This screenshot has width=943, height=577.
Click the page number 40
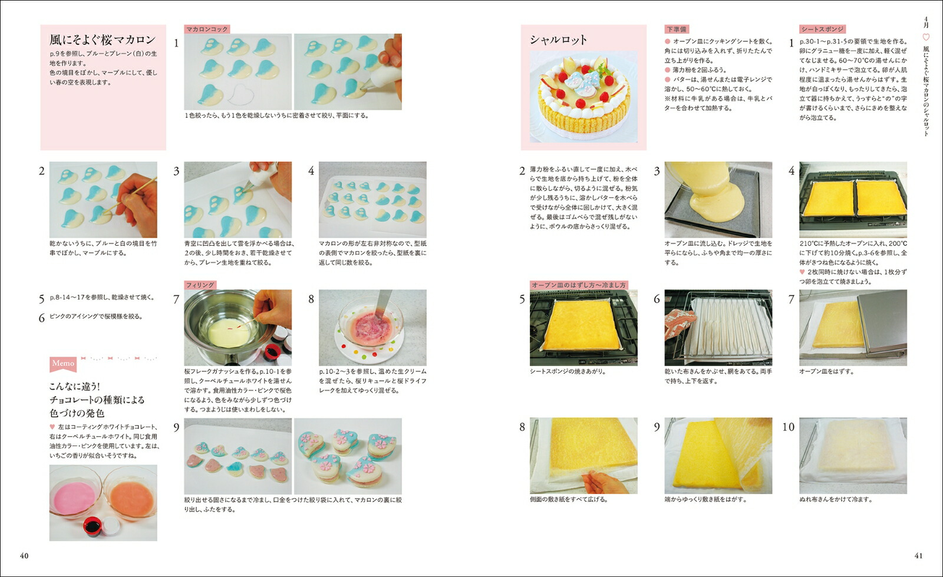pos(24,556)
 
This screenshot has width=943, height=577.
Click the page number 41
pos(919,556)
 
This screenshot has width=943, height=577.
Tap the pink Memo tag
pos(63,364)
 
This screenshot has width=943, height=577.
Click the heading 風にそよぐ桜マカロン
pos(103,40)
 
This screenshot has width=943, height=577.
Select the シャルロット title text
pos(558,40)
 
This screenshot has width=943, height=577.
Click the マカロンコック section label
pos(207,29)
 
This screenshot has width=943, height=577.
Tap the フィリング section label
pos(200,285)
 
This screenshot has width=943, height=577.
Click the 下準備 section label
pos(676,29)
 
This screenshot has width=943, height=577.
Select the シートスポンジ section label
pos(822,29)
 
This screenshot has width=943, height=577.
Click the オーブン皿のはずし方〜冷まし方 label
pos(578,285)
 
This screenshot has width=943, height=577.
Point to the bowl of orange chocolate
pos(131,499)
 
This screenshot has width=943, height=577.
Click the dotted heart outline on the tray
pos(241,94)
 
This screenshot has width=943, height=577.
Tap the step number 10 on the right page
pos(788,427)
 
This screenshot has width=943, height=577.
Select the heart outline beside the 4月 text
pos(926,37)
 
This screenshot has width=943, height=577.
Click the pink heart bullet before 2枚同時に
pos(802,272)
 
